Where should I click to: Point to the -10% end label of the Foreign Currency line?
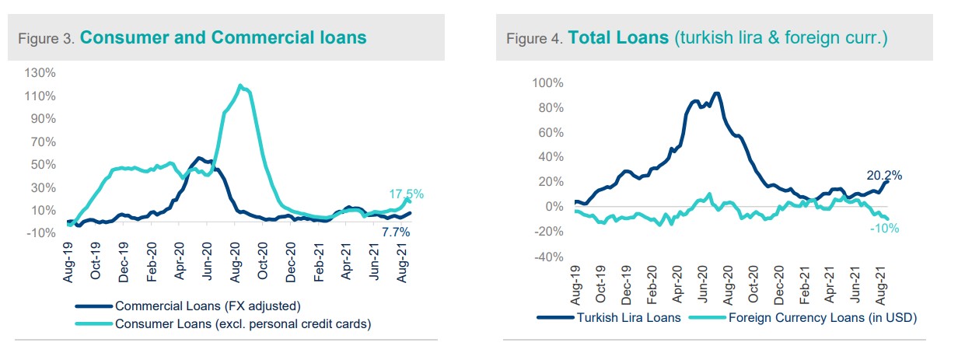click(x=885, y=228)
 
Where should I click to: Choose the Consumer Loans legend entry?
click(x=242, y=323)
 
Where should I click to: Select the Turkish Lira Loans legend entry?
click(x=621, y=317)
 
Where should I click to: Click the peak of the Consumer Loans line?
click(x=240, y=86)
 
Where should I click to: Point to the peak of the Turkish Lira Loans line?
click(x=715, y=94)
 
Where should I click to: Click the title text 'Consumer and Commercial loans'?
click(x=223, y=37)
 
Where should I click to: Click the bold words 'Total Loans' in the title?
click(x=617, y=37)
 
